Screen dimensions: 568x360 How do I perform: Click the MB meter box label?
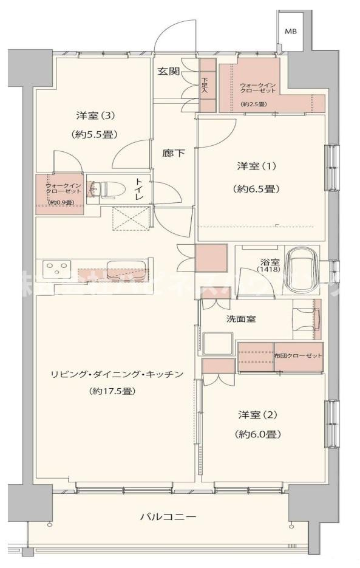291,31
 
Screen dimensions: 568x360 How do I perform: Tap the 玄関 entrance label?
169,71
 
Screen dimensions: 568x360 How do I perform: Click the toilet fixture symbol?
104,189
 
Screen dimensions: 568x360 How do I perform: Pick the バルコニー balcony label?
168,518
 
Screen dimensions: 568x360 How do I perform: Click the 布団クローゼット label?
297,355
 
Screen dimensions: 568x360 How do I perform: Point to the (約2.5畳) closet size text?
253,104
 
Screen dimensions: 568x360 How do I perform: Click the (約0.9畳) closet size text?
61,202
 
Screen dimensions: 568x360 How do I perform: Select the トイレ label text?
139,189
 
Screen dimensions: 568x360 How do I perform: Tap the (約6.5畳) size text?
256,189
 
